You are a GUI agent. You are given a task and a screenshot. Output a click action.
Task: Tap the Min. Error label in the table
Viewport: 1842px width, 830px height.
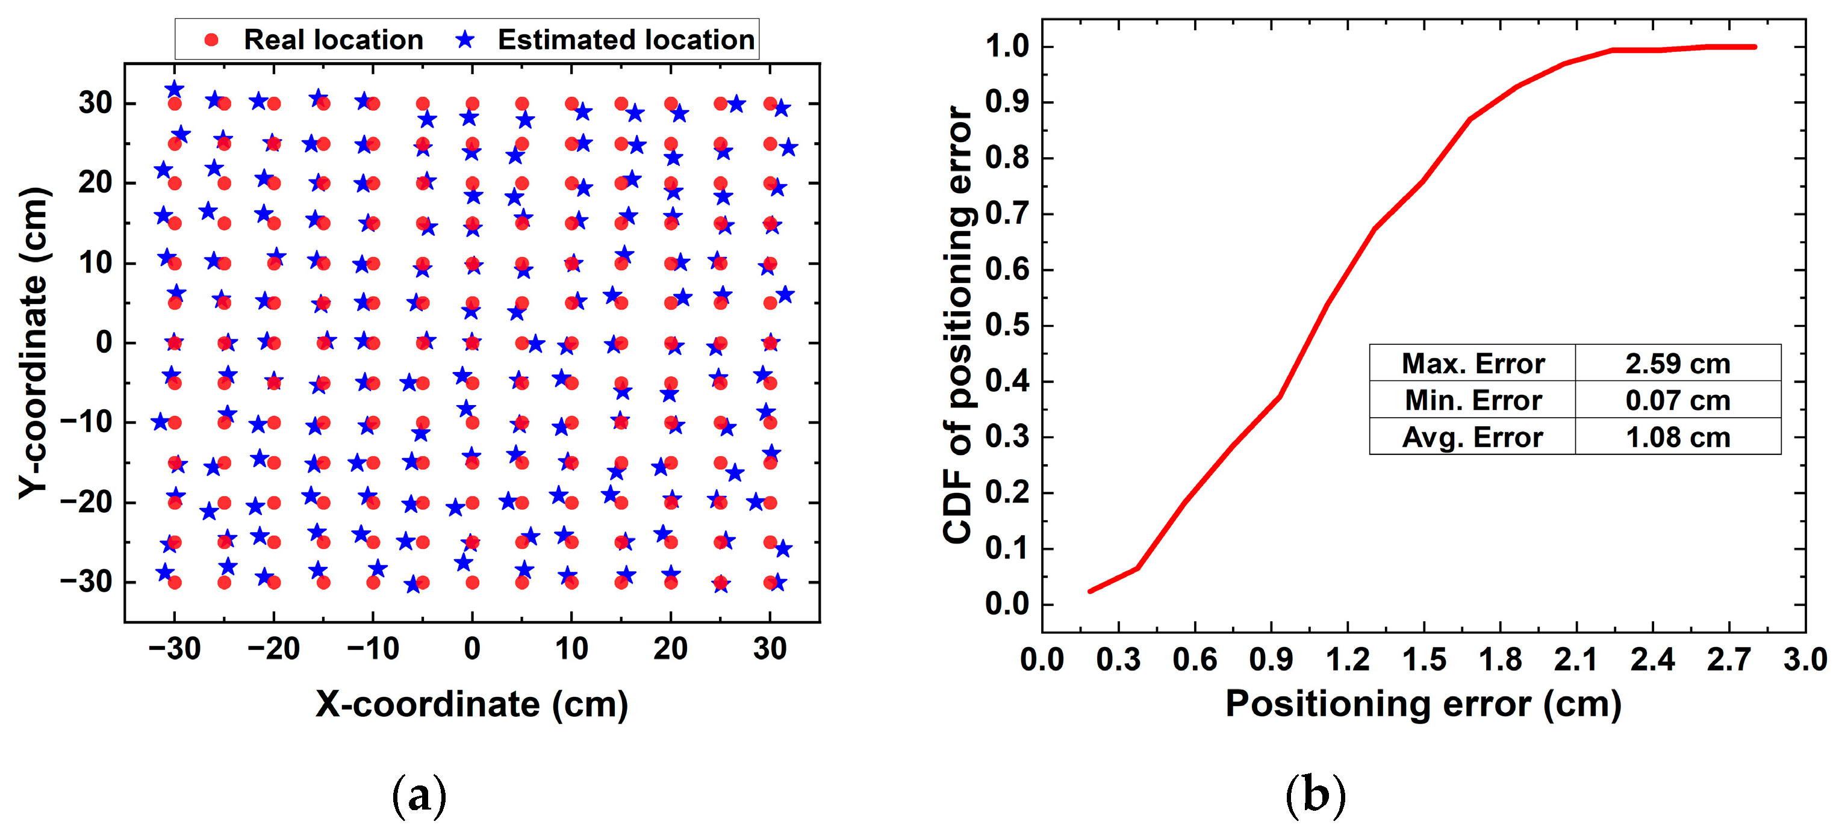pyautogui.click(x=1472, y=400)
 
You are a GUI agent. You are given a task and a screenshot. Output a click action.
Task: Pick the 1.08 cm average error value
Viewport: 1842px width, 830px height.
pyautogui.click(x=1678, y=437)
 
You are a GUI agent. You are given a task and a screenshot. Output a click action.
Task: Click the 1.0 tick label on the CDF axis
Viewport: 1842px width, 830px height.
pyautogui.click(x=1007, y=47)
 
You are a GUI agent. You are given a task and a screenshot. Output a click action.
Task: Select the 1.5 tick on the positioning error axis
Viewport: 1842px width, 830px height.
pyautogui.click(x=1424, y=659)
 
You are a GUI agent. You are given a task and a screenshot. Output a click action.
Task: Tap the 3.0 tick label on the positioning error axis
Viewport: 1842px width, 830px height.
pyautogui.click(x=1805, y=659)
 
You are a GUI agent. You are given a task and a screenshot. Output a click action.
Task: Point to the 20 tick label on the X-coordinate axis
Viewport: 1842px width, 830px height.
pyautogui.click(x=670, y=649)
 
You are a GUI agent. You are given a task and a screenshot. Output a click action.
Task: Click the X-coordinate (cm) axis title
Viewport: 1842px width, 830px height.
pyautogui.click(x=472, y=704)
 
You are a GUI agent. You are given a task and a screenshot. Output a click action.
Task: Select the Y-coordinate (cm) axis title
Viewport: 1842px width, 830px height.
pyautogui.click(x=34, y=343)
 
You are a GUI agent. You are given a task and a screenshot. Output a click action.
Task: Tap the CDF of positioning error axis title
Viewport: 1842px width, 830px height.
pyautogui.click(x=957, y=325)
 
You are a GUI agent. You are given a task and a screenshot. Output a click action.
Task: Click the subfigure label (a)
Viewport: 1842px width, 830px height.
pyautogui.click(x=420, y=795)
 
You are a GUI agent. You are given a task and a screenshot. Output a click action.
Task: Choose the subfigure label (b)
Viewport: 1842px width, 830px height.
pyautogui.click(x=1316, y=795)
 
